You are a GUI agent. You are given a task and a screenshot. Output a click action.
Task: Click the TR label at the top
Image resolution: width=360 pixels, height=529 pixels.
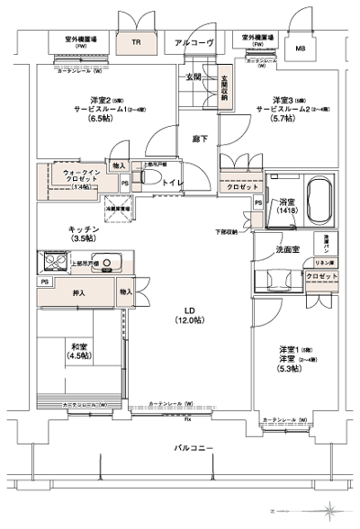[138, 41]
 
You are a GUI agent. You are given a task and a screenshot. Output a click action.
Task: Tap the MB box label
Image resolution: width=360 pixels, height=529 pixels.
[301, 48]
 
